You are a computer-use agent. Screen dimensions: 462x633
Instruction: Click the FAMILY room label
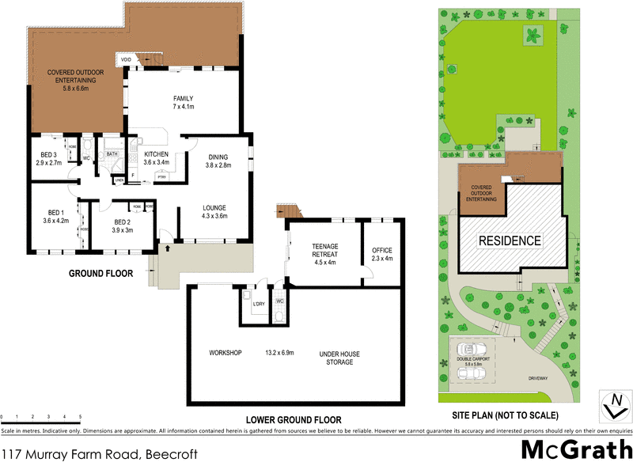point(184,97)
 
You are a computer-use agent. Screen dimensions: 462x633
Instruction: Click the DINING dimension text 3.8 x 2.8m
point(217,165)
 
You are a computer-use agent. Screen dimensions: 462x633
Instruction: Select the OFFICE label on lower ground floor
point(381,250)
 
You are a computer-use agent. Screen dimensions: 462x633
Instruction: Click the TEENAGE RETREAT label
point(326,250)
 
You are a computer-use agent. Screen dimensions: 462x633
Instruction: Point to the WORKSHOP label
point(225,352)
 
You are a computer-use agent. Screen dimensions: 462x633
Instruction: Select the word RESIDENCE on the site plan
point(510,241)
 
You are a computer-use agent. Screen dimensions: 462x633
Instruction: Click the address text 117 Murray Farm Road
point(71,454)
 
